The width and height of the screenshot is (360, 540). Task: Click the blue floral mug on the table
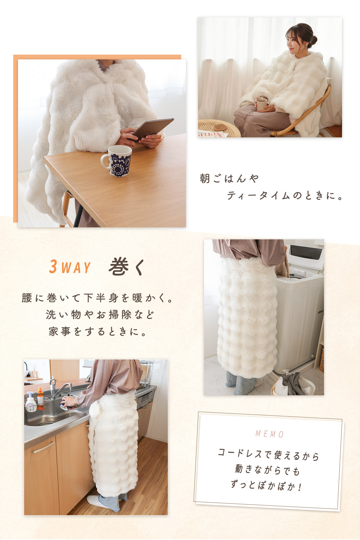coord(117,161)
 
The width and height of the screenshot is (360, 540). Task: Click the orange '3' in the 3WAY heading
coord(53,267)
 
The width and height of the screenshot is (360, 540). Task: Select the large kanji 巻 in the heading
coord(119,267)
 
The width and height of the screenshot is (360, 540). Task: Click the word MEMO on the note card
coord(270,434)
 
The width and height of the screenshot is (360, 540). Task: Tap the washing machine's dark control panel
coord(306,252)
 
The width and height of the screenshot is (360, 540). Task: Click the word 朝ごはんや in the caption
coord(229,179)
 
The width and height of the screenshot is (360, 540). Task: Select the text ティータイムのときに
coord(284,196)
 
